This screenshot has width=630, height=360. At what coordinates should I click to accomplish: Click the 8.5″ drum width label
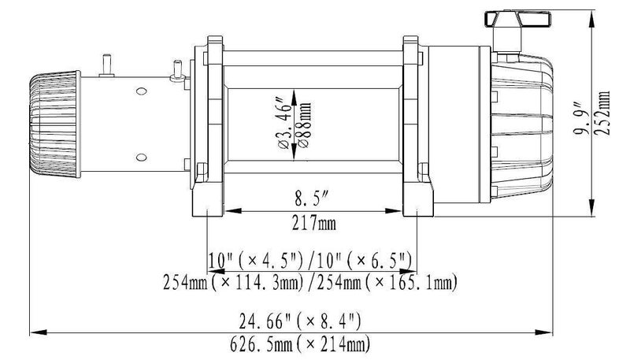312,199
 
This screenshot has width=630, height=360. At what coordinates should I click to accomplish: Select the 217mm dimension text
313,223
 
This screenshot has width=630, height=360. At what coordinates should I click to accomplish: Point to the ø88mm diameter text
303,125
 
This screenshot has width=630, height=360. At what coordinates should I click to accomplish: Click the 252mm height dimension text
603,113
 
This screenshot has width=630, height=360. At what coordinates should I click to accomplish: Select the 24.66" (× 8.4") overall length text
300,321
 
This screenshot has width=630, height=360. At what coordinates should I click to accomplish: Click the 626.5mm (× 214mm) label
300,344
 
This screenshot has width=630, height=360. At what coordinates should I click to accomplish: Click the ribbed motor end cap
55,124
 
